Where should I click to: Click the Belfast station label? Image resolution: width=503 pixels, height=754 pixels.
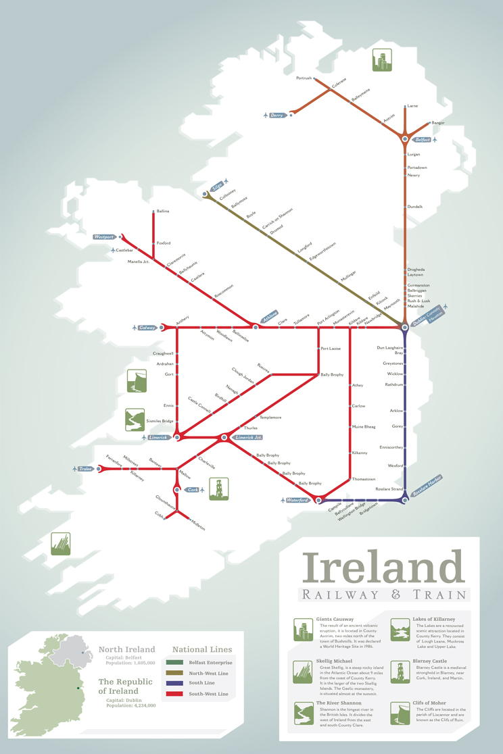(422, 140)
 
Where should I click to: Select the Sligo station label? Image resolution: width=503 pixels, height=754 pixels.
(216, 186)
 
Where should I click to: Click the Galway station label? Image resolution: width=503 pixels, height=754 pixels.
(146, 328)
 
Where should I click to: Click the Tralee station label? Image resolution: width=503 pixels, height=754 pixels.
(85, 468)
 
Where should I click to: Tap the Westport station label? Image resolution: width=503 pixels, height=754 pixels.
(104, 237)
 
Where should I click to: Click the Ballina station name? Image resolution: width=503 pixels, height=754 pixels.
(162, 211)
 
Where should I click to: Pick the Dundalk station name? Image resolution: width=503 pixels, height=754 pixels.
(415, 206)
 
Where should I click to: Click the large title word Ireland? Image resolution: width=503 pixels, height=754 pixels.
(383, 566)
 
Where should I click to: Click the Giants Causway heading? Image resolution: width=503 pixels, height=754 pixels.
(335, 619)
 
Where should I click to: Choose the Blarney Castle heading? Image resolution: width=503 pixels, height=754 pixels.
(429, 661)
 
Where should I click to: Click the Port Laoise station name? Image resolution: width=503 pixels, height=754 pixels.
(331, 349)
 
